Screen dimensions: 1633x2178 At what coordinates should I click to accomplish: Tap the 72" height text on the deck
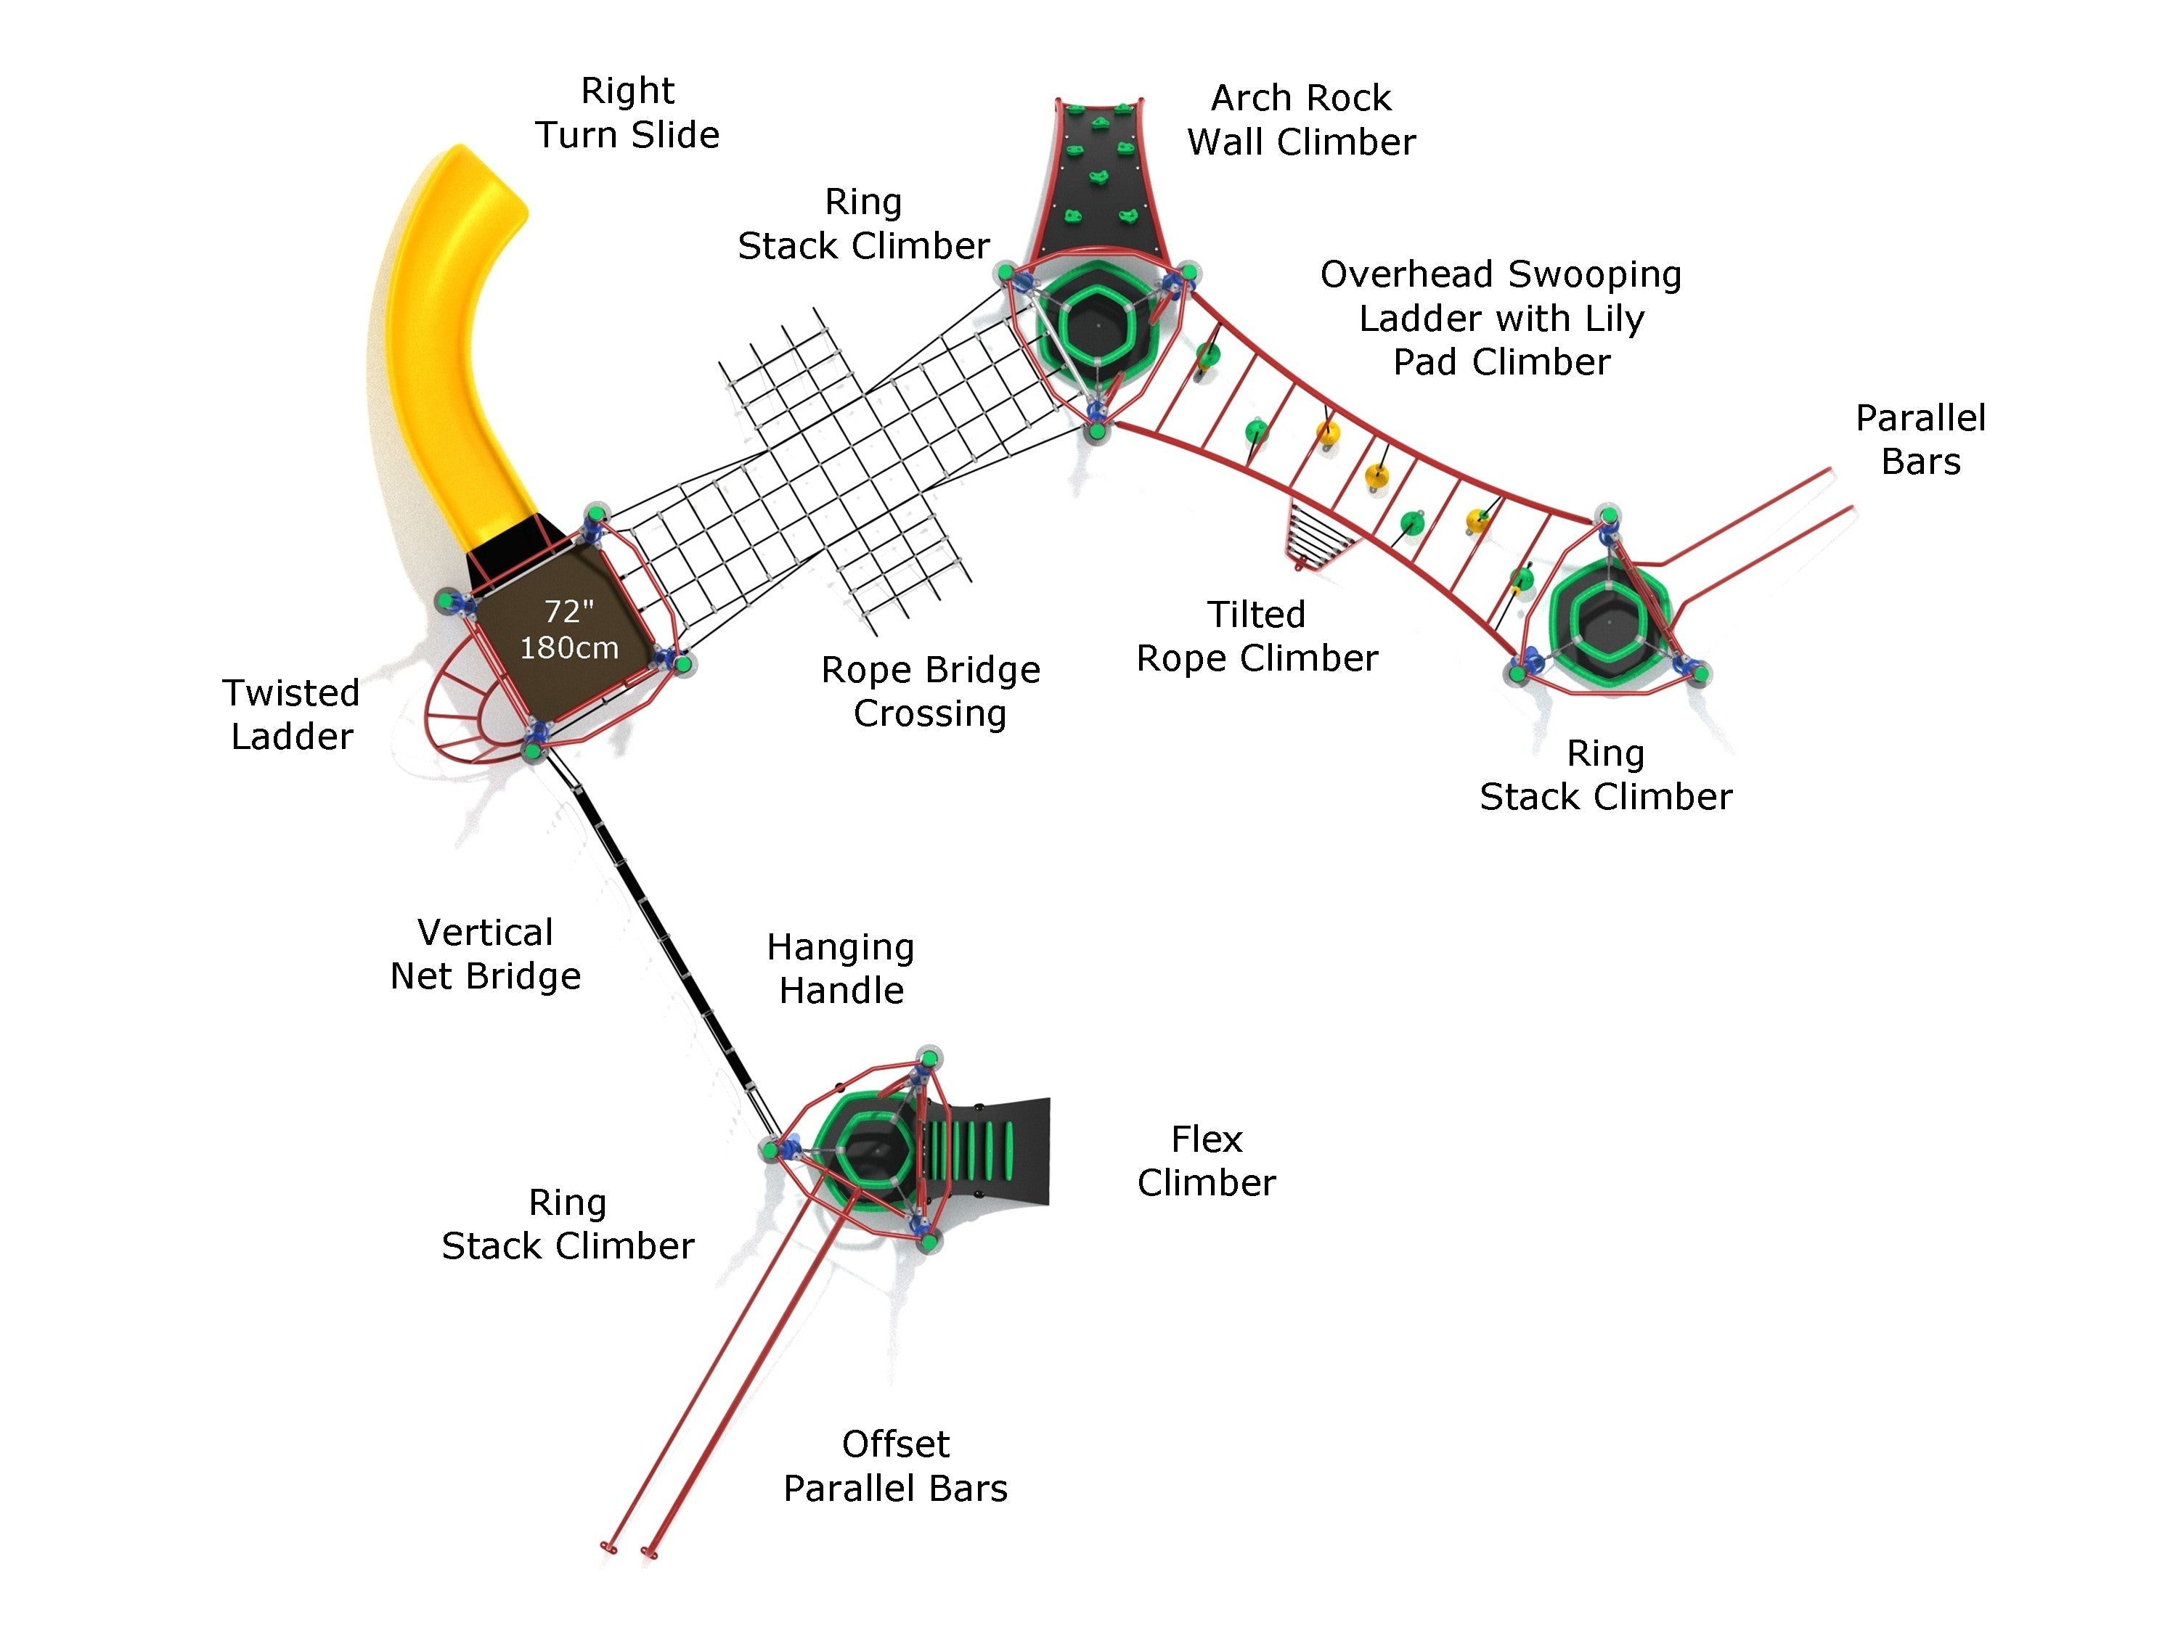(569, 611)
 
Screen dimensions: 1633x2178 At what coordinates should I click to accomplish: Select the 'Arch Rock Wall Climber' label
(1301, 120)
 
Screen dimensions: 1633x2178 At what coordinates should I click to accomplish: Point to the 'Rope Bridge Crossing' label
(931, 691)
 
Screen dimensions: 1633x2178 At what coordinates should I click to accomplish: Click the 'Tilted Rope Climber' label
(1257, 636)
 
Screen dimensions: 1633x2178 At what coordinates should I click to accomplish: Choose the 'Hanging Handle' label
(841, 969)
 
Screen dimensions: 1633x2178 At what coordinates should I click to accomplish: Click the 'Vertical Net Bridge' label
(486, 954)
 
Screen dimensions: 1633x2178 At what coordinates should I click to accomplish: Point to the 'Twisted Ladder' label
(291, 715)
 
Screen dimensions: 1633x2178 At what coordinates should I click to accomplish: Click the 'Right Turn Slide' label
(627, 112)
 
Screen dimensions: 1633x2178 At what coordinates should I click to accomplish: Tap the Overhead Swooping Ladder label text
(1501, 318)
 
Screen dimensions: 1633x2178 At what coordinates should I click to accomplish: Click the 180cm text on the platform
(569, 647)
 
